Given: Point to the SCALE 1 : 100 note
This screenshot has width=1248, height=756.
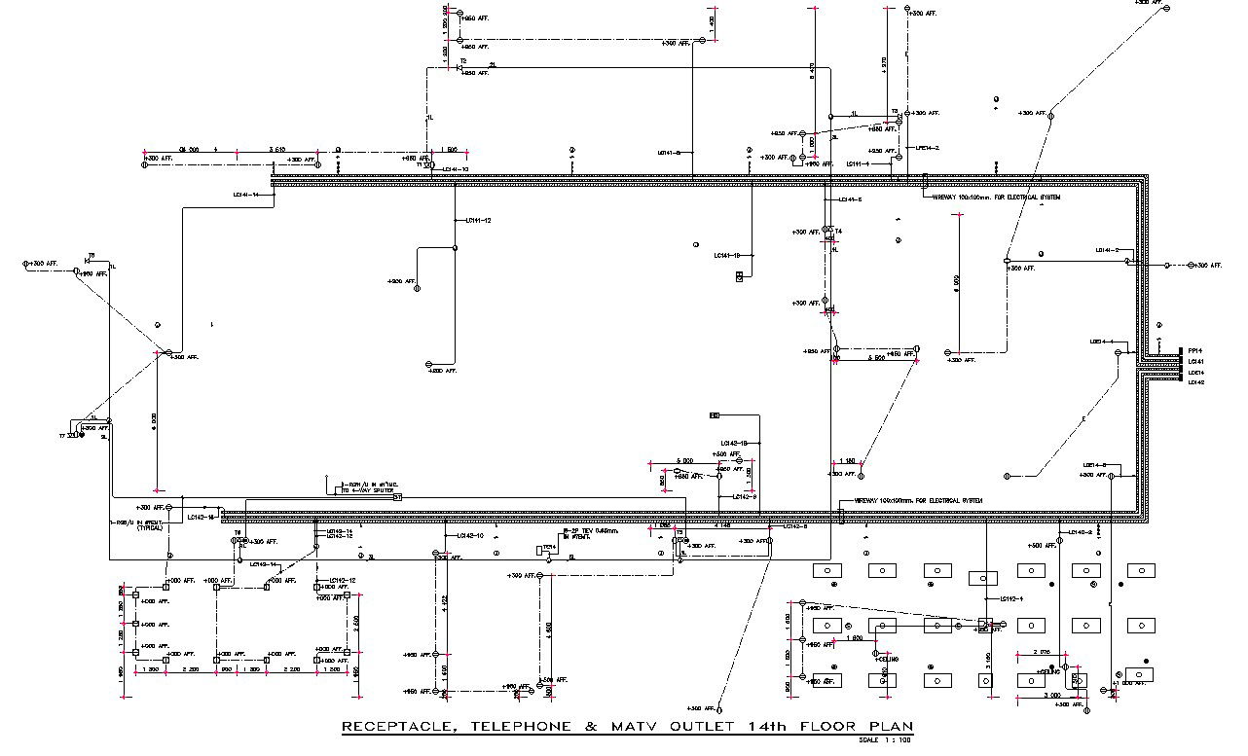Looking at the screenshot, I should (885, 740).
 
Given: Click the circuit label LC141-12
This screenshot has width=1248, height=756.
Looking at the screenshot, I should (478, 221).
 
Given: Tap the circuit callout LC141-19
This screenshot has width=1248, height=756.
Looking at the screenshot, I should (727, 256).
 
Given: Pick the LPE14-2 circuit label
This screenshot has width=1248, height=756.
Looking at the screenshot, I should (927, 148).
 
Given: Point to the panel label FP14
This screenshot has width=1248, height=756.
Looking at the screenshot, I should (1196, 351).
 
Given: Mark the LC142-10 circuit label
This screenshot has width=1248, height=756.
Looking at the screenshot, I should (469, 536).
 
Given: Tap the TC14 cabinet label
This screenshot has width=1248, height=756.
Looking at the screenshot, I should (549, 547).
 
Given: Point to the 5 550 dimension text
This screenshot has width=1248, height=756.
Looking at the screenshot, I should (876, 358).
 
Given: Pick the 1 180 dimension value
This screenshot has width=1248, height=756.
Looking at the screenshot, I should (847, 461).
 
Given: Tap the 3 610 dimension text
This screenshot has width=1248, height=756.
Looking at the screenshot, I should (276, 150).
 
